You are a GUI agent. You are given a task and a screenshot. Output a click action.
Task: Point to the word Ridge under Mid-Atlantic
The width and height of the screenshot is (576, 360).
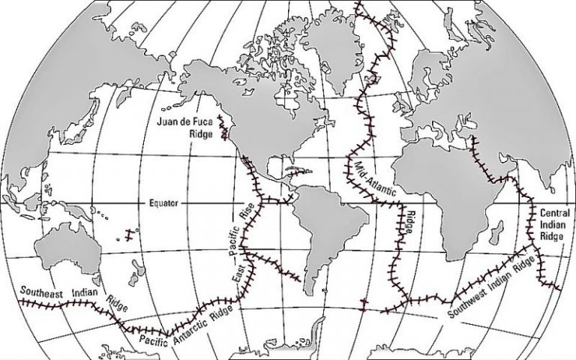(x=409, y=222)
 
